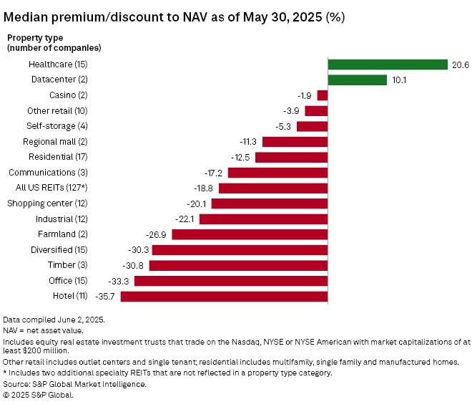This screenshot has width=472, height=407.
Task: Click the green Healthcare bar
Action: [x=387, y=64]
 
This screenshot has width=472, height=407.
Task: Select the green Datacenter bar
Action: [x=357, y=80]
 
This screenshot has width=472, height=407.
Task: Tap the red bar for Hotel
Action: [x=223, y=296]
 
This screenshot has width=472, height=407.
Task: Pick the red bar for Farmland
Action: [x=250, y=234]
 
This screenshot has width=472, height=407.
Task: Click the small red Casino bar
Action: [x=323, y=95]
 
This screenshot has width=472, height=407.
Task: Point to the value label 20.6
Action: [x=461, y=64]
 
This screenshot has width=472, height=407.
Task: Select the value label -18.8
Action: [x=205, y=188]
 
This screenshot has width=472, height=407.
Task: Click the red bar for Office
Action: [x=230, y=280]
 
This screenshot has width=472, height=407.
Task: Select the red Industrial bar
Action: [x=263, y=219]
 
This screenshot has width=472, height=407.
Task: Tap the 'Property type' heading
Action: [x=34, y=37]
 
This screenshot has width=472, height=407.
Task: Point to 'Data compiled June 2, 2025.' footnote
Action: [x=53, y=318]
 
